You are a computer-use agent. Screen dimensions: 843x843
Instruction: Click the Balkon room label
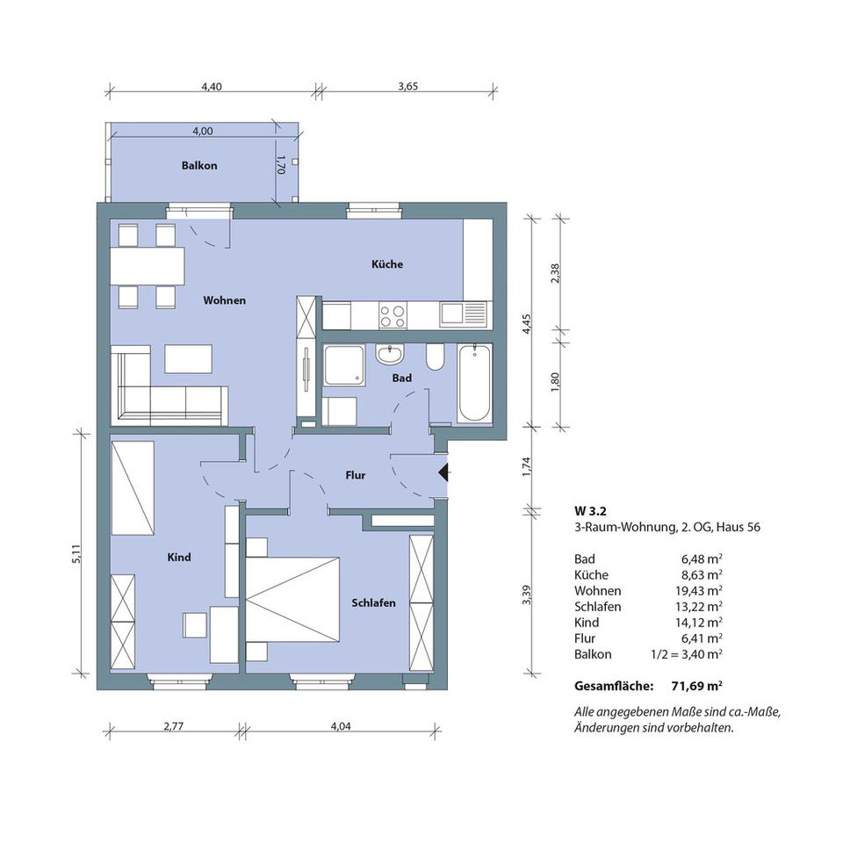tap(199, 166)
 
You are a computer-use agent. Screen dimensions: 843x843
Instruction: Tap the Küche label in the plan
tap(387, 264)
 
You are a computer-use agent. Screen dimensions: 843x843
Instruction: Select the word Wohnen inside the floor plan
tap(225, 300)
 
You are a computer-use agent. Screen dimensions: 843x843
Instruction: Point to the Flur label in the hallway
tap(356, 475)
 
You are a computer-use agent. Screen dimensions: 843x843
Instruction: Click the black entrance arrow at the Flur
tap(444, 473)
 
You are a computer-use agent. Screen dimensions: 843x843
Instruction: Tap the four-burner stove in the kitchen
tap(393, 315)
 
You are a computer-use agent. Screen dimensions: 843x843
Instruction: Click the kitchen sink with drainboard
tap(463, 314)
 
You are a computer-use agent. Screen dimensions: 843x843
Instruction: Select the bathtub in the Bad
tap(475, 384)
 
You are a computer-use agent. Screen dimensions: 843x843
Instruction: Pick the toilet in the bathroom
tap(435, 356)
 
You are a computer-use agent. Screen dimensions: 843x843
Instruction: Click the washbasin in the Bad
tap(390, 354)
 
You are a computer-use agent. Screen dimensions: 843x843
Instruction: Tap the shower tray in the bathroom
tap(344, 365)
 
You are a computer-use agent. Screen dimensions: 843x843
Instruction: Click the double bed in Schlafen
tap(292, 600)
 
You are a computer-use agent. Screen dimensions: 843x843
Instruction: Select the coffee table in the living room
tap(188, 358)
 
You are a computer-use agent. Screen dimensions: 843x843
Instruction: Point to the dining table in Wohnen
tap(148, 266)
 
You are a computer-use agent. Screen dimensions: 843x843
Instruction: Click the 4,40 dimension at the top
tap(212, 86)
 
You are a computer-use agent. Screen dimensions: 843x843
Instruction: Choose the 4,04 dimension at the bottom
tap(341, 726)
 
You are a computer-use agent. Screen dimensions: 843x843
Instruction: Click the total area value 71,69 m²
tap(696, 686)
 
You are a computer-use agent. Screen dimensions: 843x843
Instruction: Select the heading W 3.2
tap(590, 511)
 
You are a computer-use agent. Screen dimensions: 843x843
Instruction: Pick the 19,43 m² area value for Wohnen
tap(699, 591)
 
